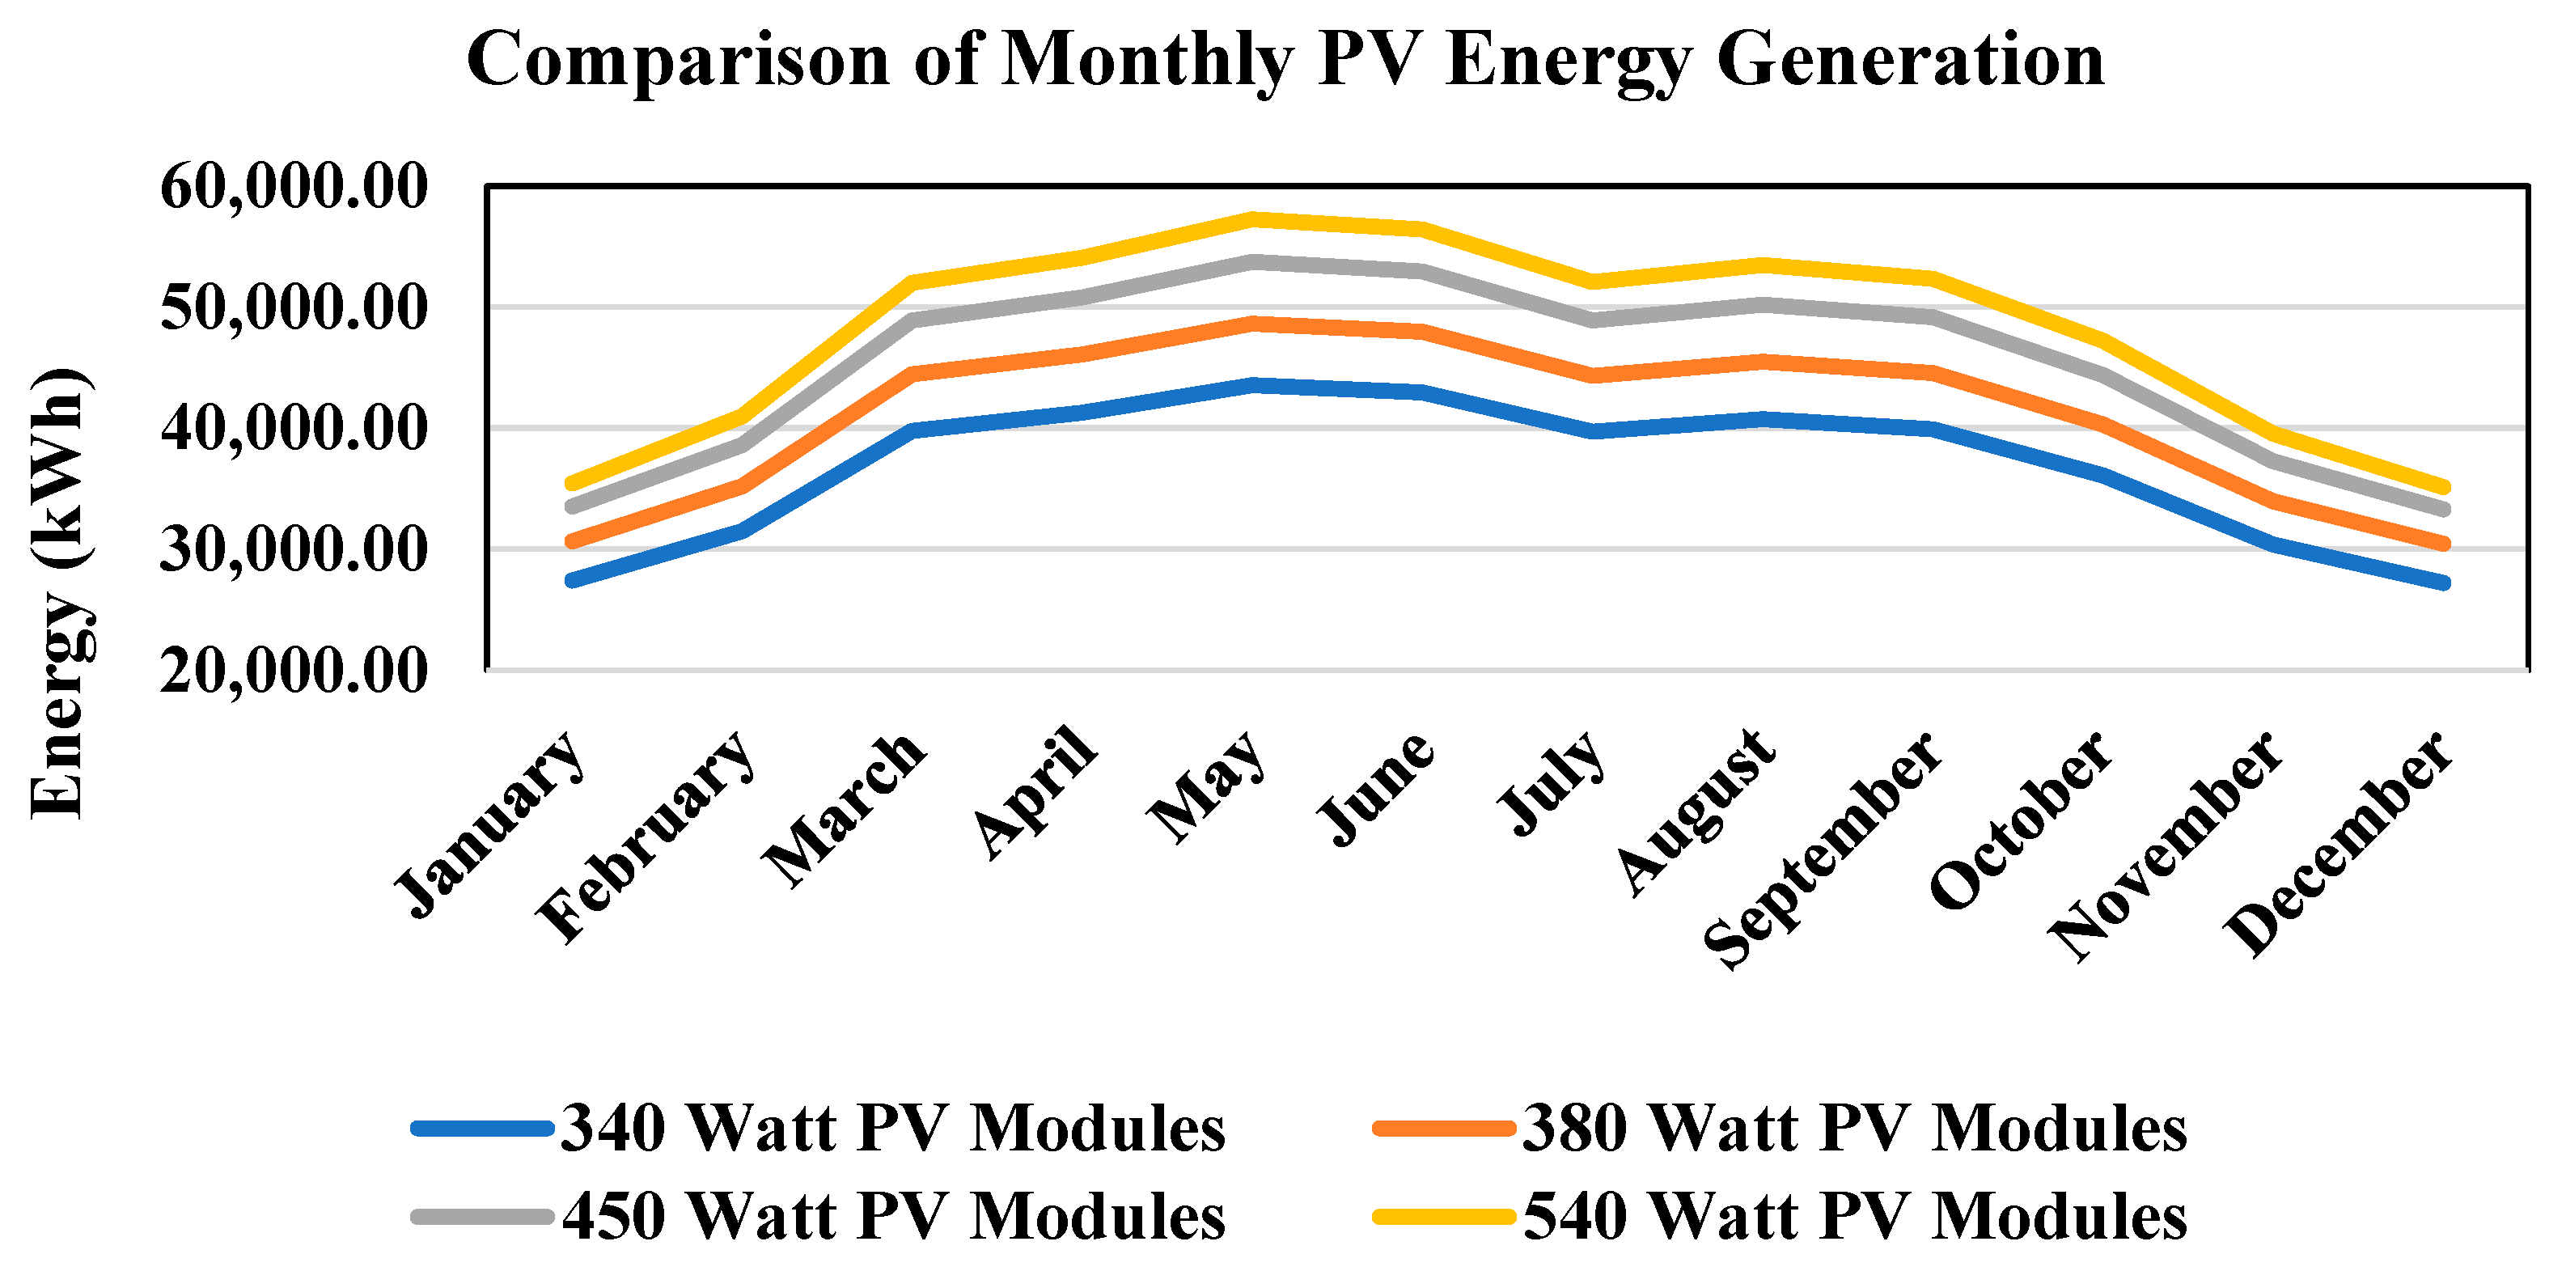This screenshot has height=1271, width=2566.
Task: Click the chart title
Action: [1285, 60]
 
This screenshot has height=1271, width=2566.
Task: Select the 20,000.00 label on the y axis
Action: [294, 671]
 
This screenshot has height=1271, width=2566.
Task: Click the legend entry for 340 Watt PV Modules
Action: [819, 1129]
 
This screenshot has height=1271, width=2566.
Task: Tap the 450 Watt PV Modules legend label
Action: [819, 1216]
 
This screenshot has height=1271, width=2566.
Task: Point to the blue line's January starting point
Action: [572, 580]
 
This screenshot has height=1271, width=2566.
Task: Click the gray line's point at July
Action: [1594, 320]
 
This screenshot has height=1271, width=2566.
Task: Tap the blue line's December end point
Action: [2445, 583]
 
